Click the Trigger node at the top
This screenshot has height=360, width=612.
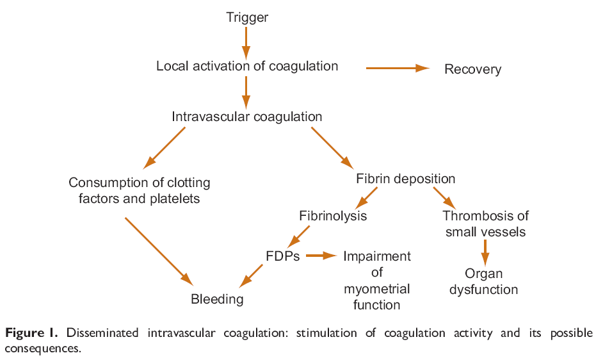tap(247, 17)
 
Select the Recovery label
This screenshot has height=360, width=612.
tap(472, 69)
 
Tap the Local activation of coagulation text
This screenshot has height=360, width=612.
tap(247, 66)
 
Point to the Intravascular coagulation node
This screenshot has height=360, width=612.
tap(247, 117)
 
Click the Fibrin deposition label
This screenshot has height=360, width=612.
tap(405, 179)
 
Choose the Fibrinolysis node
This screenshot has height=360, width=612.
tap(333, 215)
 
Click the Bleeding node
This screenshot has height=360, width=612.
tap(217, 299)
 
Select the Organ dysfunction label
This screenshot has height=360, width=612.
tap(483, 282)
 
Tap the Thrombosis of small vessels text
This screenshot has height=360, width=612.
tap(485, 224)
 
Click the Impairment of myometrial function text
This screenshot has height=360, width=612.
tap(376, 281)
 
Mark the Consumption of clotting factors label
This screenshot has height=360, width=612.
tap(140, 191)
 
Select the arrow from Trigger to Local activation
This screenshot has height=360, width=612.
tap(246, 42)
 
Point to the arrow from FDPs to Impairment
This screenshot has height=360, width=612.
tap(321, 256)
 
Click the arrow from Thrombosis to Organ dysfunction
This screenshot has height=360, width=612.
tap(485, 252)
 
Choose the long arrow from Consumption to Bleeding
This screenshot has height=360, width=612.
tap(158, 250)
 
